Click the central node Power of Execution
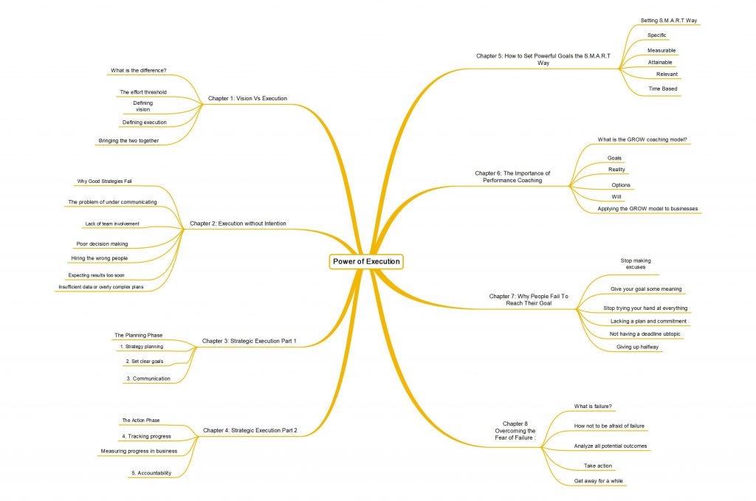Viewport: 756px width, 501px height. click(366, 262)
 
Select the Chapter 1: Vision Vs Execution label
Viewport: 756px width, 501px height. click(247, 98)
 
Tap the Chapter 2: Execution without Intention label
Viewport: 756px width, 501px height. click(238, 224)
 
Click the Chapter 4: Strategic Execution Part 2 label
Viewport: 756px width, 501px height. click(250, 430)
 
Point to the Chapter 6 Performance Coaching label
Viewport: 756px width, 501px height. click(512, 177)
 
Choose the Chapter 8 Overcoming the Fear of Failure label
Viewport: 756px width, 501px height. click(515, 431)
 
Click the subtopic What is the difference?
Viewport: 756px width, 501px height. click(138, 70)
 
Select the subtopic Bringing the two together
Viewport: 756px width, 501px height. click(128, 141)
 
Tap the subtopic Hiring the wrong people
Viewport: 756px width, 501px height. click(100, 258)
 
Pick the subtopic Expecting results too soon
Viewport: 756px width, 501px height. click(97, 275)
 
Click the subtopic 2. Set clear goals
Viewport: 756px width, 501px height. click(145, 362)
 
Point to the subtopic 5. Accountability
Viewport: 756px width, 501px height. click(151, 473)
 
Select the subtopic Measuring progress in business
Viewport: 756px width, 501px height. click(139, 451)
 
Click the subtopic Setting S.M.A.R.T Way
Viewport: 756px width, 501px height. click(669, 20)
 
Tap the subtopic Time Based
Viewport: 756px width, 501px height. click(662, 89)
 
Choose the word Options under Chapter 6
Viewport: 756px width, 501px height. click(620, 185)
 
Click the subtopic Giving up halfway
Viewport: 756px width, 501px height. click(637, 347)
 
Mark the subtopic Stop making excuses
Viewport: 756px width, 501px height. click(636, 263)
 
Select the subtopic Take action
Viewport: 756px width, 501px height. click(598, 466)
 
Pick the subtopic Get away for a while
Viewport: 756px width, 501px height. click(598, 481)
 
